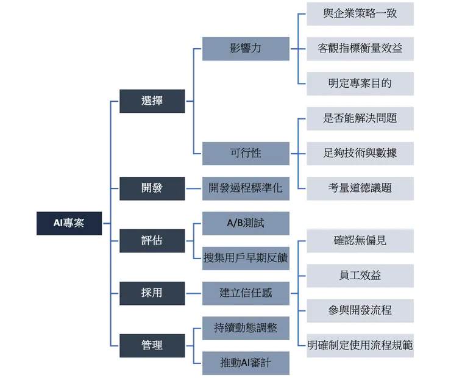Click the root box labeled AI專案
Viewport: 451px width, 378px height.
tap(68, 223)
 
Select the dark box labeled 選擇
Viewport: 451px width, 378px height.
tap(152, 101)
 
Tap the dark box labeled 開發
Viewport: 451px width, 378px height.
tap(152, 188)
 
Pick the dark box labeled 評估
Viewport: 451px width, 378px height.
tap(152, 240)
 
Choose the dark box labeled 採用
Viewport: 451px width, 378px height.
tap(152, 293)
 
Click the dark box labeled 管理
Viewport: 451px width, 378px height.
tap(152, 345)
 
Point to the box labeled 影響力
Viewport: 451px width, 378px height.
tap(246, 48)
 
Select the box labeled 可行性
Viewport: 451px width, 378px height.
tap(246, 153)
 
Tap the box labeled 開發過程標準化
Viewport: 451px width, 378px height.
tap(246, 188)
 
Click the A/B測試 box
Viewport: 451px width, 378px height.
tap(246, 223)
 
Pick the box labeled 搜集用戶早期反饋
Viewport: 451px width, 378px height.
tap(246, 258)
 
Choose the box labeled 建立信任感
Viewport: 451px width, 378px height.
tap(246, 293)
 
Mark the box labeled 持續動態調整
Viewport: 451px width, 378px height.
tap(246, 328)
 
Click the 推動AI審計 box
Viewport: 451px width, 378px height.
tap(246, 363)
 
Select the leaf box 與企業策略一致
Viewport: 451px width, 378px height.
tap(360, 13)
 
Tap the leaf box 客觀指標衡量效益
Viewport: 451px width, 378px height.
tap(360, 48)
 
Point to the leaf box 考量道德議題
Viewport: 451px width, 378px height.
tap(360, 188)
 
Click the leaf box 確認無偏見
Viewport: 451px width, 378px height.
tap(360, 240)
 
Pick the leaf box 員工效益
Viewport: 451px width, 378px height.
tap(360, 276)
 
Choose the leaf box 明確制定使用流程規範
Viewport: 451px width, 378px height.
tap(360, 345)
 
